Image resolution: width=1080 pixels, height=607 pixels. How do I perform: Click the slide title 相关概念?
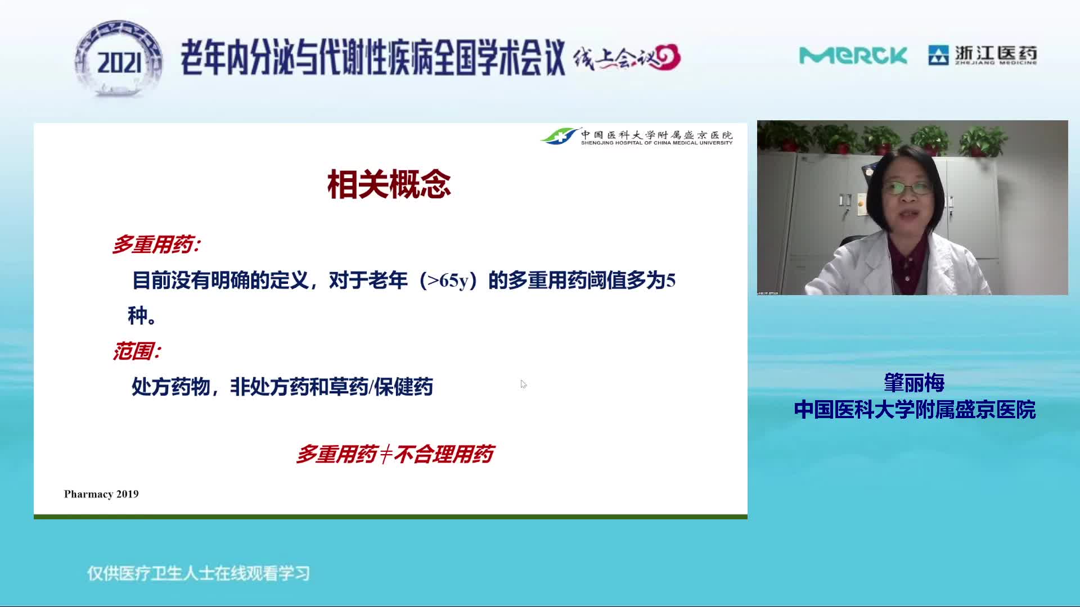tap(389, 184)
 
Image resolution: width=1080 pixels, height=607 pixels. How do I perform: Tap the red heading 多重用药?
tap(156, 244)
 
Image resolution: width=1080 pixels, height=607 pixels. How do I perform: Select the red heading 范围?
tap(137, 351)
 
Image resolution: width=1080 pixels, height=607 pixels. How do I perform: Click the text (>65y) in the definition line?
tap(448, 280)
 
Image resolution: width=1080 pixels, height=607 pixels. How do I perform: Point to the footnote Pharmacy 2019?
tap(101, 494)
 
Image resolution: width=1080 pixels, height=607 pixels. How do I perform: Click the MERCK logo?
tap(853, 56)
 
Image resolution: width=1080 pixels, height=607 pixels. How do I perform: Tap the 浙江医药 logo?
tap(983, 55)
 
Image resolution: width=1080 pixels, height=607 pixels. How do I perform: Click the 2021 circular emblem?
tap(119, 59)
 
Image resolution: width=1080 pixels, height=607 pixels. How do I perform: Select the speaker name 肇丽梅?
tap(914, 383)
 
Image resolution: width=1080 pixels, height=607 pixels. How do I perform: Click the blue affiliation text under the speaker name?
tap(915, 410)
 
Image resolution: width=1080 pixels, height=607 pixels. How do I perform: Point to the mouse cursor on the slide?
tap(523, 384)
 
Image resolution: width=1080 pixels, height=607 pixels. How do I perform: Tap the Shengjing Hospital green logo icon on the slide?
tap(559, 136)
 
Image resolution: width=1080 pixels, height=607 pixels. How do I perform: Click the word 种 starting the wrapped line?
tap(137, 315)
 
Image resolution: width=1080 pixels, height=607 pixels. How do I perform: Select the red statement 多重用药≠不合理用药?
tap(395, 454)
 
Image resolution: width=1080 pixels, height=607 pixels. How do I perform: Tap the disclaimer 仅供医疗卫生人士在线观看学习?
tap(199, 573)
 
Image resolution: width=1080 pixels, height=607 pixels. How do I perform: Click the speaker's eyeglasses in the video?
tap(907, 188)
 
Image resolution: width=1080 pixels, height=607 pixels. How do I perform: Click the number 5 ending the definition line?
tap(670, 280)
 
